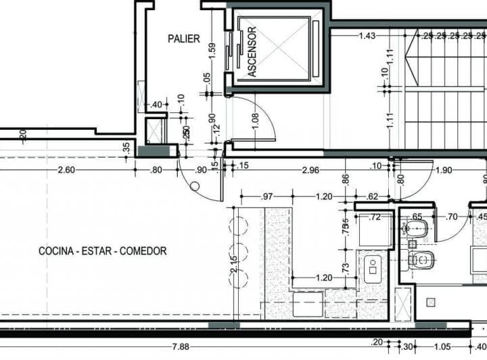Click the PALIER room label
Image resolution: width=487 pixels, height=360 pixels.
click(184, 39)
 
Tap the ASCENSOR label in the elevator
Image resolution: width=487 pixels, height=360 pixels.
click(252, 52)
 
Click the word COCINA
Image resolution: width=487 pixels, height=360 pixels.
click(56, 251)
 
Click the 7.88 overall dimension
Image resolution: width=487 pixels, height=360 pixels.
click(181, 347)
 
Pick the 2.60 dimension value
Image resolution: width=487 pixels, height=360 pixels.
click(66, 170)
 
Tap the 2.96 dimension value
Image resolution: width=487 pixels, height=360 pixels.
click(311, 170)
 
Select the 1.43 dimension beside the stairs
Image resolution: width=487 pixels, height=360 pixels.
click(367, 35)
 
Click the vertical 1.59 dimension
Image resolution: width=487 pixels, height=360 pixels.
click(212, 52)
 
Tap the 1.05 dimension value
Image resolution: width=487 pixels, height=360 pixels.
click(441, 347)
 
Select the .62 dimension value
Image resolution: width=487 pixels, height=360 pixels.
click(373, 197)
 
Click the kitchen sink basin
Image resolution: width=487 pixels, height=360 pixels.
click(373, 269)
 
